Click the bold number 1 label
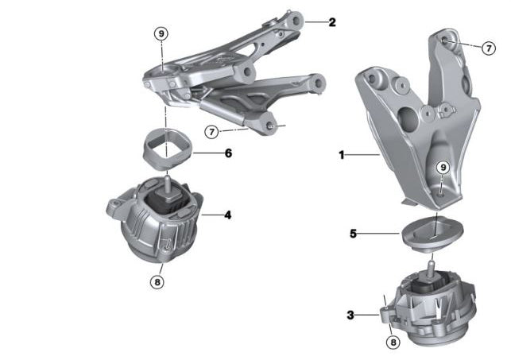pyautogui.click(x=342, y=156)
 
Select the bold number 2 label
pyautogui.click(x=332, y=22)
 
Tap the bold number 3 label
pyautogui.click(x=350, y=315)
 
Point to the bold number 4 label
pyautogui.click(x=227, y=215)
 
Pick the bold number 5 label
pyautogui.click(x=353, y=234)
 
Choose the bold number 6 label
pyautogui.click(x=227, y=152)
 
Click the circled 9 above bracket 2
pyautogui.click(x=161, y=33)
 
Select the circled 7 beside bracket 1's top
pyautogui.click(x=489, y=48)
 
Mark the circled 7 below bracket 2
pyautogui.click(x=211, y=131)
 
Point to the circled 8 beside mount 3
pyautogui.click(x=392, y=343)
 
